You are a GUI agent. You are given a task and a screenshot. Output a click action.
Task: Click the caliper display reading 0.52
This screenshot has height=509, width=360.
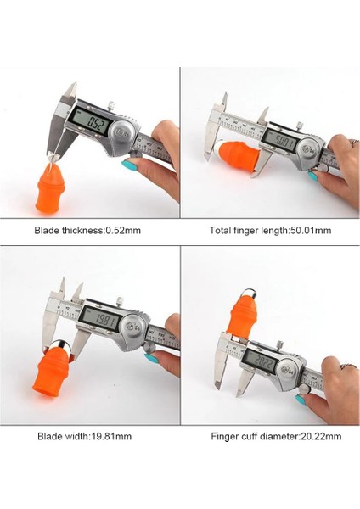click(91, 120)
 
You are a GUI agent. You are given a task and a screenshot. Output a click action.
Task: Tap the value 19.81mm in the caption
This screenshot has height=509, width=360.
click(110, 436)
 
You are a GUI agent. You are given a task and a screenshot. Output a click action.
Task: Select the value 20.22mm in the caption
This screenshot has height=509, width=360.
click(320, 436)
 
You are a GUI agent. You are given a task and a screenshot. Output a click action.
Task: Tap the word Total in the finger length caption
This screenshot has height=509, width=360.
click(220, 231)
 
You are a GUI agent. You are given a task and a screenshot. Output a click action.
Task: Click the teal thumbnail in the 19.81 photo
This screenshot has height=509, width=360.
click(151, 358)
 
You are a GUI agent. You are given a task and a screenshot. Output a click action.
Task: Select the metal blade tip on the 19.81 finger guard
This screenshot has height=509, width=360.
click(61, 346)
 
